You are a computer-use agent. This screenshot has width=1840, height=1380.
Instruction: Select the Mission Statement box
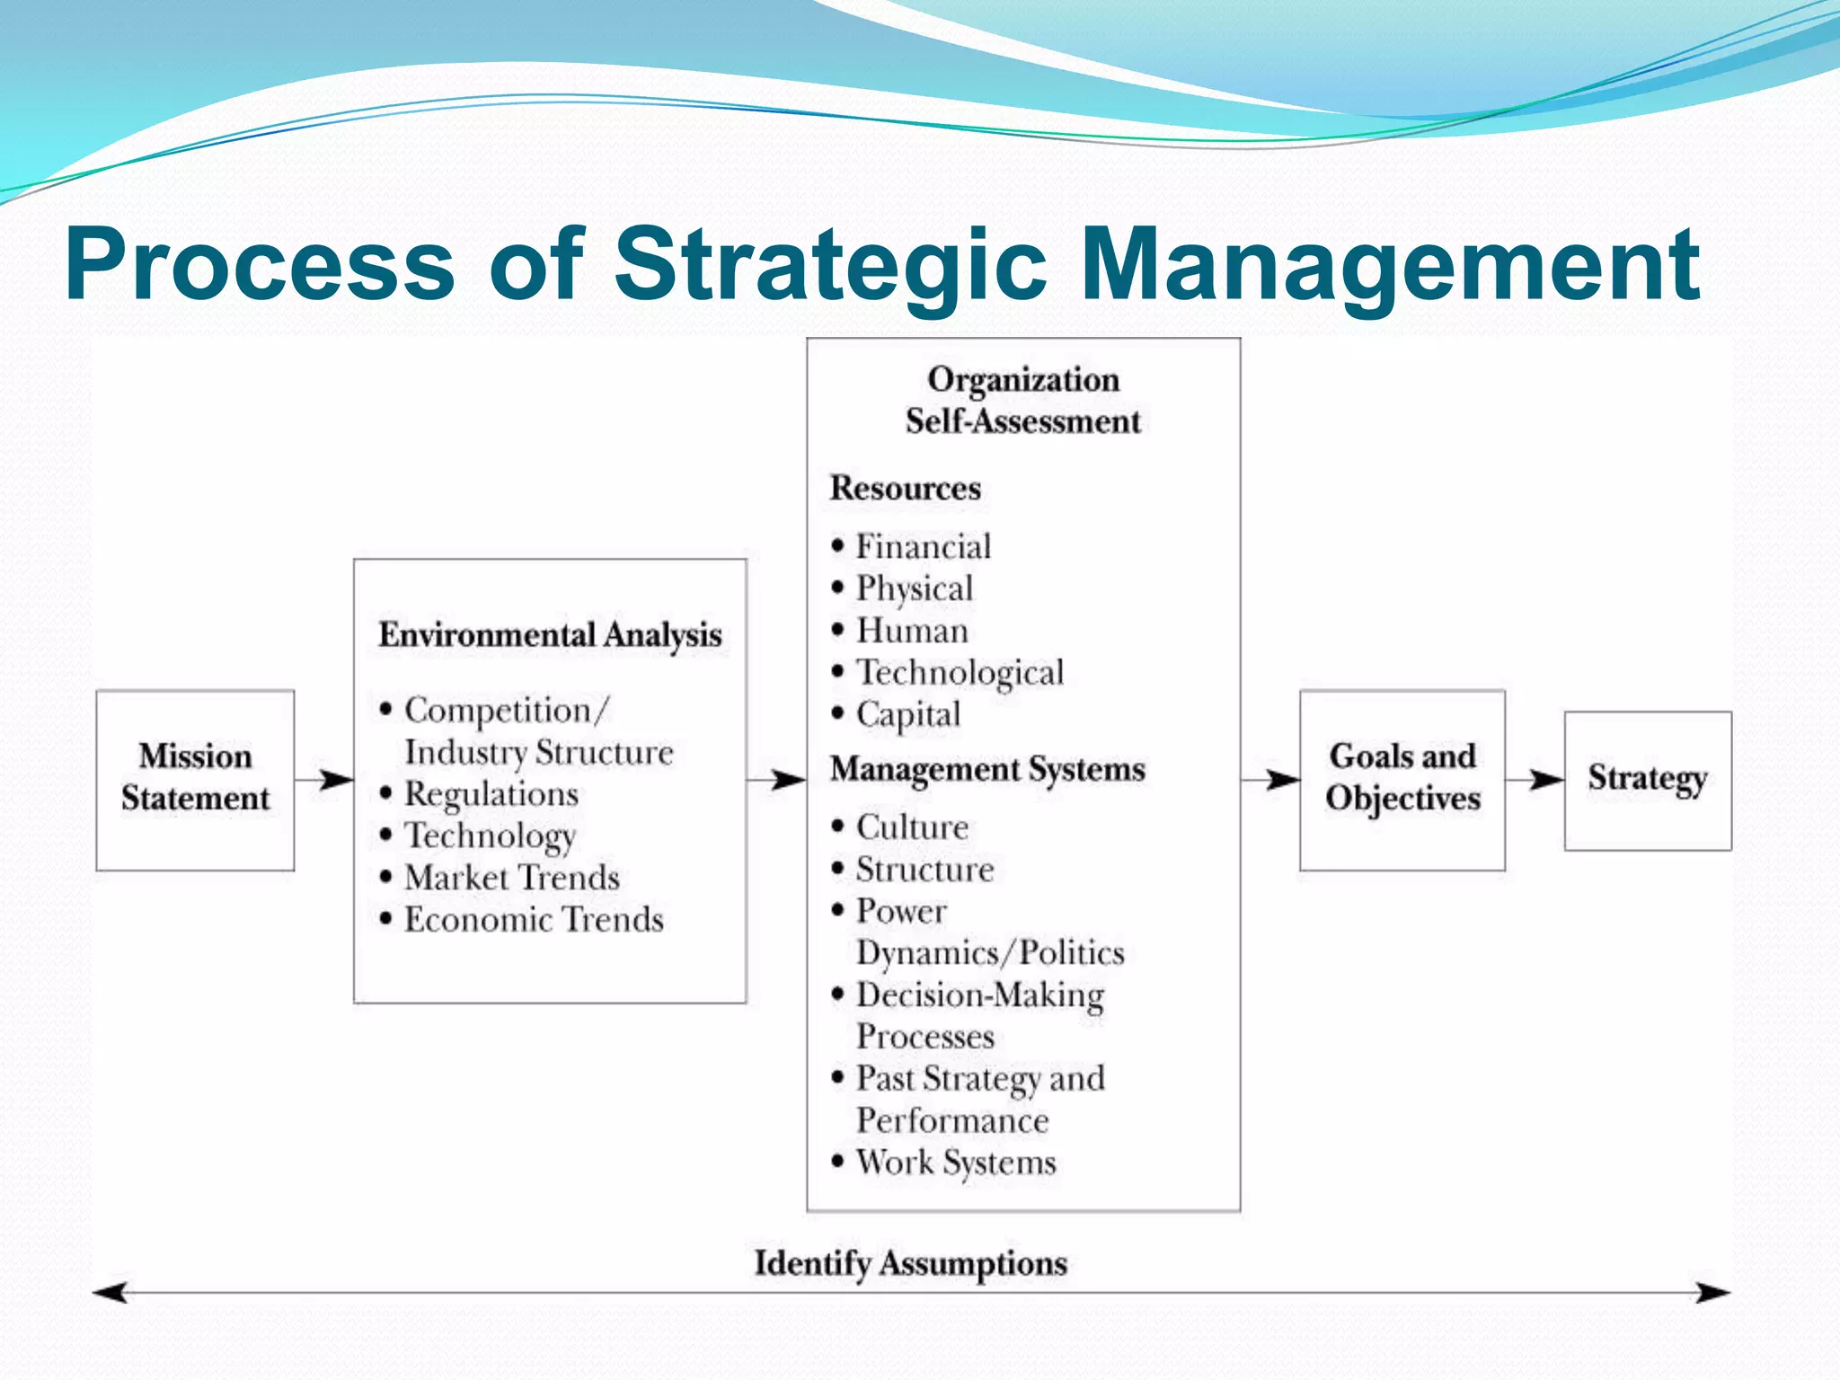[x=195, y=778]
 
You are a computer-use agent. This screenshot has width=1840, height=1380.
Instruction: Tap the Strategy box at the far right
[x=1647, y=779]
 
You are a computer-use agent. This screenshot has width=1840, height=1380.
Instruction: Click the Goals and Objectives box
[x=1402, y=778]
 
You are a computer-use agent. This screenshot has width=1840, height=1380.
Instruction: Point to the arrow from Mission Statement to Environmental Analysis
[x=324, y=779]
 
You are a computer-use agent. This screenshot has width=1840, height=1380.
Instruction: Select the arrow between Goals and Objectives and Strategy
[x=1535, y=779]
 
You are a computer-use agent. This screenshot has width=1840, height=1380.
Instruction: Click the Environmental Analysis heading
[x=550, y=634]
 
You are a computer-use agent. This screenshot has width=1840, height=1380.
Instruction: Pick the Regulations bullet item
[x=491, y=794]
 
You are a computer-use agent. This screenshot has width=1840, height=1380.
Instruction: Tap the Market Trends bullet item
[x=511, y=878]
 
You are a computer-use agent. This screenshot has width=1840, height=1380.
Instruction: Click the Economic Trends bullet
[x=533, y=920]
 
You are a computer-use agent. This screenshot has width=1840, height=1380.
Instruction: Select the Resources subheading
[x=905, y=488]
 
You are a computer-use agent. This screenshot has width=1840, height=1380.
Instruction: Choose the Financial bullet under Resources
[x=923, y=546]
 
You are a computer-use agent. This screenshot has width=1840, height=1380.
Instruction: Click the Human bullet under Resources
[x=911, y=631]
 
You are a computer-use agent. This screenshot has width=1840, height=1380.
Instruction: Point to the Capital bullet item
[x=907, y=714]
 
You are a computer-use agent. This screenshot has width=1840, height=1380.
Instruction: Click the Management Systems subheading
[x=987, y=770]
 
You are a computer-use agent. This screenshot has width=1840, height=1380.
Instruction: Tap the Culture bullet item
[x=911, y=827]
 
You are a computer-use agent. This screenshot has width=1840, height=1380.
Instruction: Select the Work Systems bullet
[x=955, y=1163]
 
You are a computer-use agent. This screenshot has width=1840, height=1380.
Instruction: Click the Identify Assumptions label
[x=910, y=1263]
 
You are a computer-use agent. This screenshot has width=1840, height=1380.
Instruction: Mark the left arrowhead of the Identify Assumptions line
[x=110, y=1293]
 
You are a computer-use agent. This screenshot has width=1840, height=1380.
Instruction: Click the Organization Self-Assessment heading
[x=1022, y=400]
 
